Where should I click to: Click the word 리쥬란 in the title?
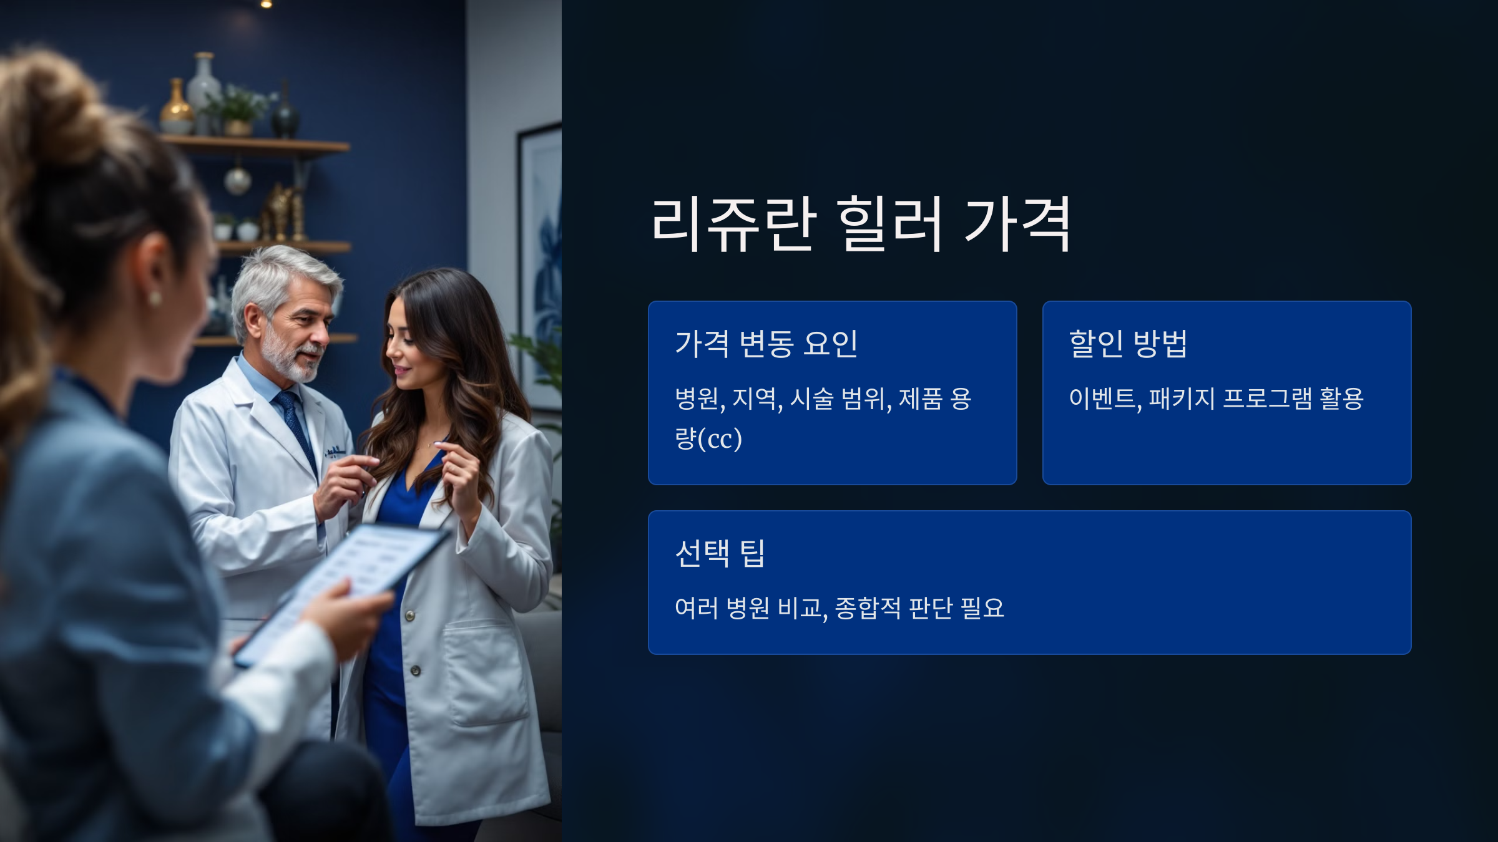[x=733, y=225]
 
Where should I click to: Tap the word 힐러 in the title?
[x=889, y=225]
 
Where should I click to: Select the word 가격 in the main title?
[x=1017, y=225]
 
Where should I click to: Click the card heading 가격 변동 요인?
[x=766, y=344]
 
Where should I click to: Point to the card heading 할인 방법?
[x=1128, y=344]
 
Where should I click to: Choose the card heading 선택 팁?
[x=720, y=553]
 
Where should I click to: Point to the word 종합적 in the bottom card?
[x=868, y=608]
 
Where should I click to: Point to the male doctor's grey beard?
[x=290, y=362]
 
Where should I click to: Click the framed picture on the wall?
[x=540, y=262]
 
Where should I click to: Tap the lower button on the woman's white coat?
[x=416, y=670]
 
